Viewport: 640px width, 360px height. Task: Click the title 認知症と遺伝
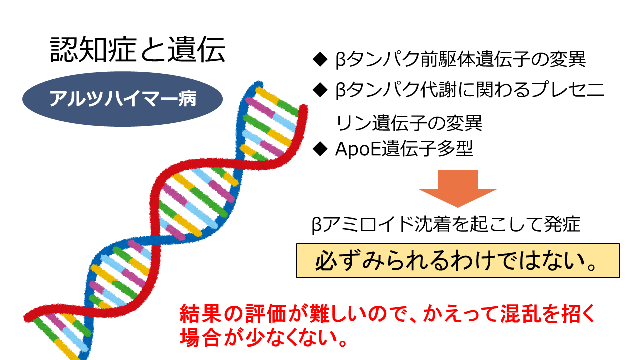coord(137,50)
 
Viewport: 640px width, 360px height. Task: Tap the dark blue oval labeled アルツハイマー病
coord(122,99)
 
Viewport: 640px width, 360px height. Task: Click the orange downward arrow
coord(458,188)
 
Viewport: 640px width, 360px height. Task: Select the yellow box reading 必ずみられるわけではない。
coord(458,260)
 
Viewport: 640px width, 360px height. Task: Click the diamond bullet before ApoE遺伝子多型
coord(320,149)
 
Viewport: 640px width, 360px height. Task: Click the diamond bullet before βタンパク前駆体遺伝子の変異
coord(320,59)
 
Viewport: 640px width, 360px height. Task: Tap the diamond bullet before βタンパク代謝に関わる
coord(320,90)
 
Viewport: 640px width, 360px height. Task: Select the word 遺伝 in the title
coord(197,50)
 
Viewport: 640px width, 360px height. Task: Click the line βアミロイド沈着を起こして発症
coord(446,224)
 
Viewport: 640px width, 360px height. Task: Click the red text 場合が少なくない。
coord(263,338)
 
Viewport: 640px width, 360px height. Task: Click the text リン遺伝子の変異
coord(409,122)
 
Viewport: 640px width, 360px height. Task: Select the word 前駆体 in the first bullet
coord(447,59)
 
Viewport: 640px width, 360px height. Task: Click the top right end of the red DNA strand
coord(303,109)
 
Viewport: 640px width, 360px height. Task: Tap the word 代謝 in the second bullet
coord(438,90)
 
